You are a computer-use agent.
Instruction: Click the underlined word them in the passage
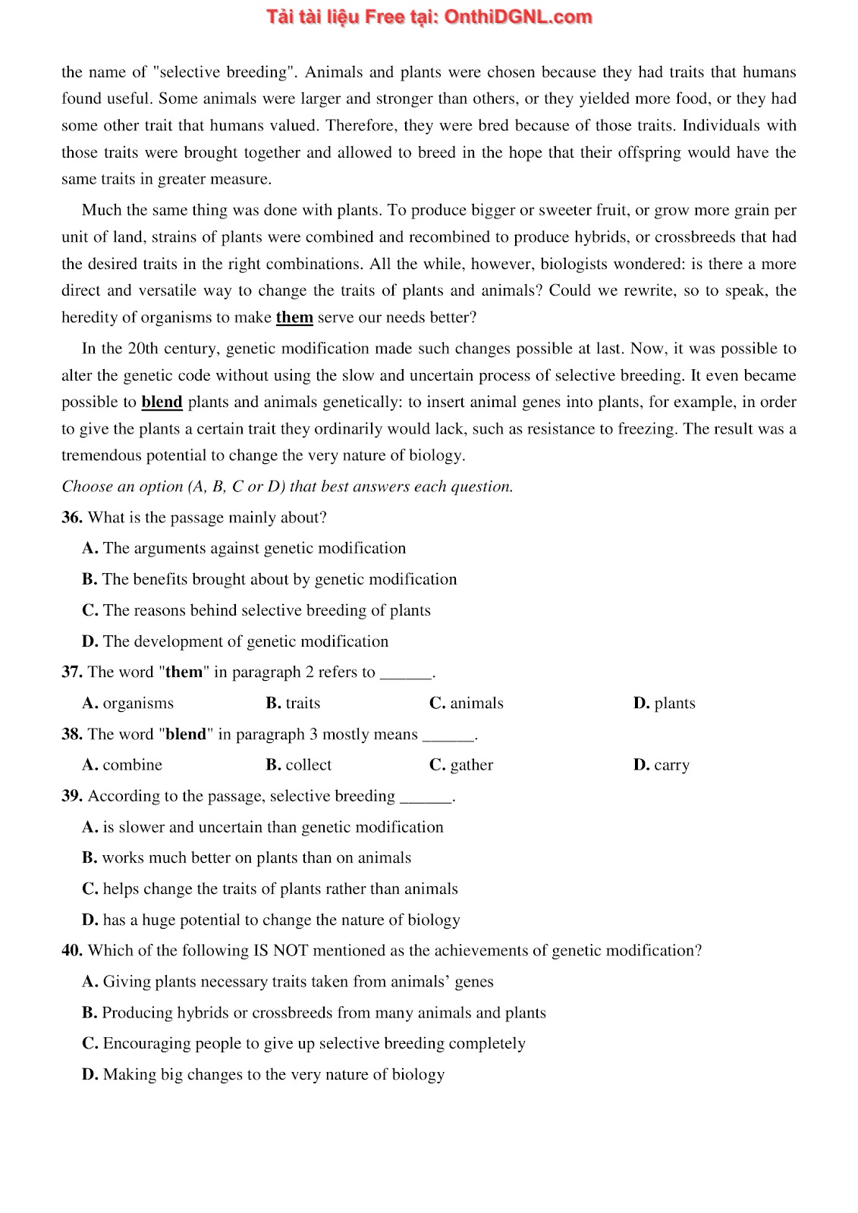[294, 318]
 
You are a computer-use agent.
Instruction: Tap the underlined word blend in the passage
[162, 403]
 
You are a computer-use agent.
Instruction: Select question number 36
[71, 518]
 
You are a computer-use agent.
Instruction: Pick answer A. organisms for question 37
[127, 704]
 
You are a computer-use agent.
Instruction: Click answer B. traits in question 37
[293, 704]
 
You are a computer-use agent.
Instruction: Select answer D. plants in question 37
[664, 704]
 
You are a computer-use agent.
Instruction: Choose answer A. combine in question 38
[122, 765]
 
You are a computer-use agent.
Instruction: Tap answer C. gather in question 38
[460, 765]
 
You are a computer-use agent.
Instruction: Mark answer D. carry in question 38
[661, 765]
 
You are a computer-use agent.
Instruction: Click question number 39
[71, 796]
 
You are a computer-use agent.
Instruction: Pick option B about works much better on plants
[246, 858]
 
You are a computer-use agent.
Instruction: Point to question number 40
[71, 951]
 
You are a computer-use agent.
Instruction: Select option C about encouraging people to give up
[303, 1044]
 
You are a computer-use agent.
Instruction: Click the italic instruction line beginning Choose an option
[287, 487]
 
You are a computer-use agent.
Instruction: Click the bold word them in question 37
[184, 672]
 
